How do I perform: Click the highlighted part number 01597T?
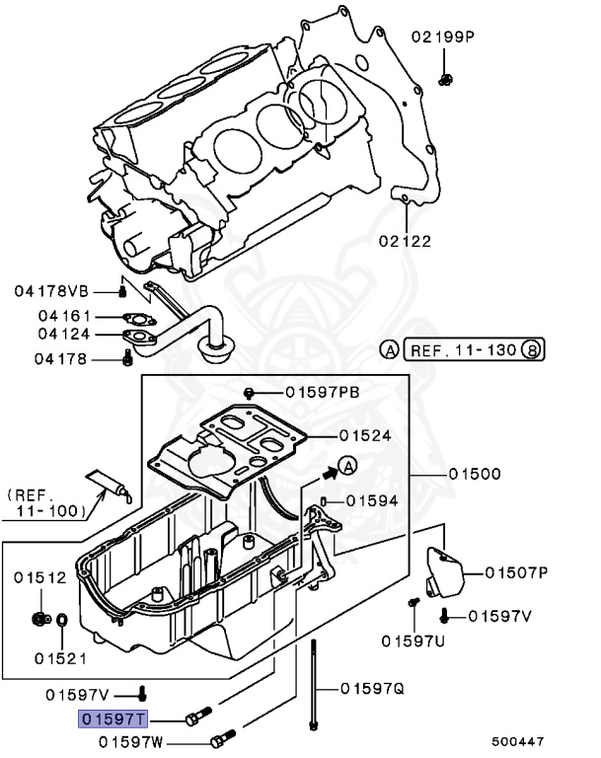(x=113, y=718)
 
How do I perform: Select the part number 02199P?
(x=443, y=37)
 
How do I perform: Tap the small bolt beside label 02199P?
(x=446, y=78)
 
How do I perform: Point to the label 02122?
(x=405, y=240)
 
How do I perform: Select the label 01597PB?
(x=323, y=392)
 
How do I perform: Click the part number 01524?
(x=365, y=435)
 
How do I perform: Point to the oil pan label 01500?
(x=475, y=475)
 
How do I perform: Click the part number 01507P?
(x=517, y=571)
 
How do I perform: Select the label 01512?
(x=40, y=577)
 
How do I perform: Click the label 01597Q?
(x=372, y=689)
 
